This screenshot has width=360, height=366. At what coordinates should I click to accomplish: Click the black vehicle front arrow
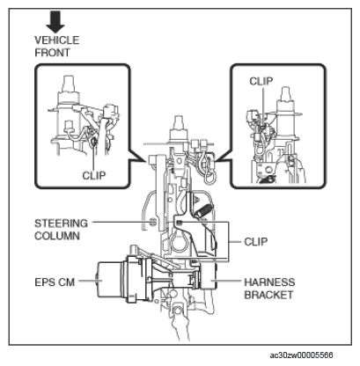pos(55,21)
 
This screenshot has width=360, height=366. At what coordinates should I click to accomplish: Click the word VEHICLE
pos(57,40)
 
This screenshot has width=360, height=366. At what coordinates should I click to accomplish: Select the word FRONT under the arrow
pos(53,53)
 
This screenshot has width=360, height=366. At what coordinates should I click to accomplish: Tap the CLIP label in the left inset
pos(94,175)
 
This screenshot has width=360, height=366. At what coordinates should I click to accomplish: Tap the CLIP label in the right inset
pos(261,81)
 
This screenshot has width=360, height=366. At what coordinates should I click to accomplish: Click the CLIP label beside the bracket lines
pos(256,242)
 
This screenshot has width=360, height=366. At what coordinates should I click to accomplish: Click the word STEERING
pos(61,223)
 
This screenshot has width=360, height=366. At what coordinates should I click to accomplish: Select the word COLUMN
pos(57,236)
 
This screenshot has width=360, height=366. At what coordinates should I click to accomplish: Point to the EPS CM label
pos(55,282)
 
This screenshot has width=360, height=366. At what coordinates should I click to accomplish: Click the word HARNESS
pos(269,282)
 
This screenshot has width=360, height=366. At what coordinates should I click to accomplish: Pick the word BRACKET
pos(268,295)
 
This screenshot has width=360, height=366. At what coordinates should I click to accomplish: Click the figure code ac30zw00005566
pos(301,355)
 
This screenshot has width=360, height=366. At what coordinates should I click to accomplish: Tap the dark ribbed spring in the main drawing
pos(202,211)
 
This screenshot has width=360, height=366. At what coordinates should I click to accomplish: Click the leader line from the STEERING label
pos(121,222)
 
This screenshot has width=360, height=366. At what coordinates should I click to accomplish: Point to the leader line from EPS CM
pos(89,281)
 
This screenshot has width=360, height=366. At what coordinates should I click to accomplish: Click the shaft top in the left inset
pos(68,83)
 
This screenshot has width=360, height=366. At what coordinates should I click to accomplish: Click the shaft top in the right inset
pos(285,94)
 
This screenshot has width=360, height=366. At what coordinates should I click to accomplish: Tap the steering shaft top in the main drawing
pos(179,122)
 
